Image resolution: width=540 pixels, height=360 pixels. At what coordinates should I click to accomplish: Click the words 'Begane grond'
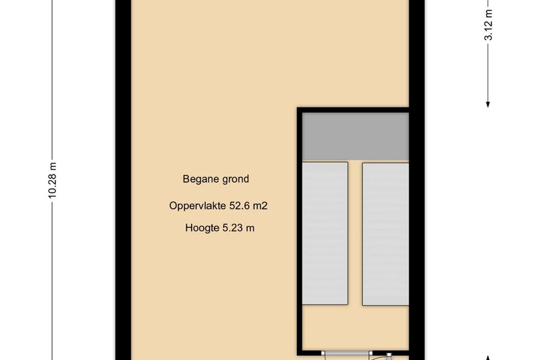(x=215, y=179)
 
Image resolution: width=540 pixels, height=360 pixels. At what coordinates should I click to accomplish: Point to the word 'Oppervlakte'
(x=197, y=206)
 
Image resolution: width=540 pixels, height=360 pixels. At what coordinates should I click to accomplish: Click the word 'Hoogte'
(x=201, y=228)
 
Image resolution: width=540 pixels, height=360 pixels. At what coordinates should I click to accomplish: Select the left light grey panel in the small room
(x=325, y=233)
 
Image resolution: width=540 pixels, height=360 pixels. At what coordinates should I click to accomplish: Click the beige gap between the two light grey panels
(x=355, y=233)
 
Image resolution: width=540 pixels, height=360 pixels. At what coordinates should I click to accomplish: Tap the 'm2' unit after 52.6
(x=260, y=206)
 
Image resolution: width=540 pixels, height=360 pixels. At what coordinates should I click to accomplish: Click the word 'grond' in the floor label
(x=235, y=179)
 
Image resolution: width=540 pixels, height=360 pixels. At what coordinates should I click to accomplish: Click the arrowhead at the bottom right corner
(x=488, y=357)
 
